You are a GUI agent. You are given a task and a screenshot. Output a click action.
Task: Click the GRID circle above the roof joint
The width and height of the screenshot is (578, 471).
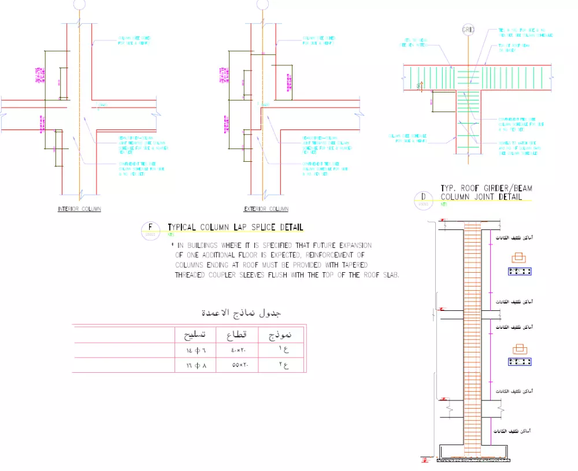click(468, 29)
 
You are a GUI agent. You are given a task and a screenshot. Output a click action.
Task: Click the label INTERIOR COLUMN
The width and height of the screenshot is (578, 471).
click(79, 209)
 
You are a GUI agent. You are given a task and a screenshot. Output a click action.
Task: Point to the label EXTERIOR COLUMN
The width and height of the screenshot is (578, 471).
click(266, 209)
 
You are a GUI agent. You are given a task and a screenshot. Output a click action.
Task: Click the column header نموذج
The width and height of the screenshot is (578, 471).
click(277, 335)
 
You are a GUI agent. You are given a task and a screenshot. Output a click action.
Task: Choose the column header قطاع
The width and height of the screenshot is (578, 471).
click(235, 335)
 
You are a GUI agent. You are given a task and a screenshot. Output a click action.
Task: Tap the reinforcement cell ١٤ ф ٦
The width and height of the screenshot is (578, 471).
click(195, 350)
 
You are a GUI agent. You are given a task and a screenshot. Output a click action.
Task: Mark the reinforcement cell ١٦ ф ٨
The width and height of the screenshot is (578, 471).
click(195, 365)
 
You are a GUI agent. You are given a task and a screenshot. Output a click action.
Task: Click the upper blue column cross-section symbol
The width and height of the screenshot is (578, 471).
click(520, 270)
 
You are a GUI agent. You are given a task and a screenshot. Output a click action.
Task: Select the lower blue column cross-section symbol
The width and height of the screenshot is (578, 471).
click(520, 362)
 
